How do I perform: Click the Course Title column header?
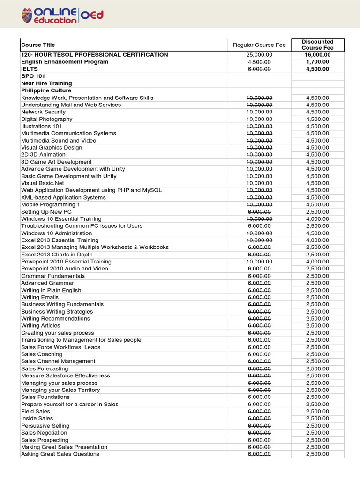pyautogui.click(x=38, y=45)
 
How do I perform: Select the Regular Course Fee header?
pyautogui.click(x=259, y=45)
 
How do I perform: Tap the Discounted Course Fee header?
pyautogui.click(x=318, y=45)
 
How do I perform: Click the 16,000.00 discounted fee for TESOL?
pyautogui.click(x=318, y=55)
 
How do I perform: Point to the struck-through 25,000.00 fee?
pyautogui.click(x=259, y=55)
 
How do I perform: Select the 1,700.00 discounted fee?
pyautogui.click(x=318, y=62)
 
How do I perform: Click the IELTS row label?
pyautogui.click(x=30, y=69)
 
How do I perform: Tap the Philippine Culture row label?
pyautogui.click(x=46, y=90)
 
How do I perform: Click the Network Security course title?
pyautogui.click(x=44, y=112)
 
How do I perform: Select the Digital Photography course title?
pyautogui.click(x=47, y=119)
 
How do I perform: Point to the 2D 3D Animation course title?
pyautogui.click(x=44, y=155)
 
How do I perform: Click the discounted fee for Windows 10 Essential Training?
pyautogui.click(x=318, y=219)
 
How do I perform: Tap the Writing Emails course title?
pyautogui.click(x=40, y=297)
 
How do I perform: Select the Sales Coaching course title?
pyautogui.click(x=42, y=354)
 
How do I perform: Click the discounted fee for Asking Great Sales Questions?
pyautogui.click(x=318, y=454)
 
